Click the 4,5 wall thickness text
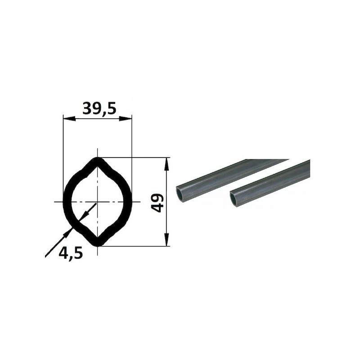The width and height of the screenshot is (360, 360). [x=71, y=253]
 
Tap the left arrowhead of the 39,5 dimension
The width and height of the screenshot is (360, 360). [x=69, y=118]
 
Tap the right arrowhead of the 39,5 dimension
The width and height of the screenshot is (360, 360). [x=126, y=118]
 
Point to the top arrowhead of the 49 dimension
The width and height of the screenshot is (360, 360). [x=166, y=164]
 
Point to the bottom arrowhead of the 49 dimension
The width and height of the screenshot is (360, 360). [x=166, y=240]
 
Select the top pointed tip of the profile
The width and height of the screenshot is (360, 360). [x=98, y=158]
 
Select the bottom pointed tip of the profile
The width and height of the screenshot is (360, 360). [x=98, y=246]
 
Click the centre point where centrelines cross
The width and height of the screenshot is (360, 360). [x=98, y=202]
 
